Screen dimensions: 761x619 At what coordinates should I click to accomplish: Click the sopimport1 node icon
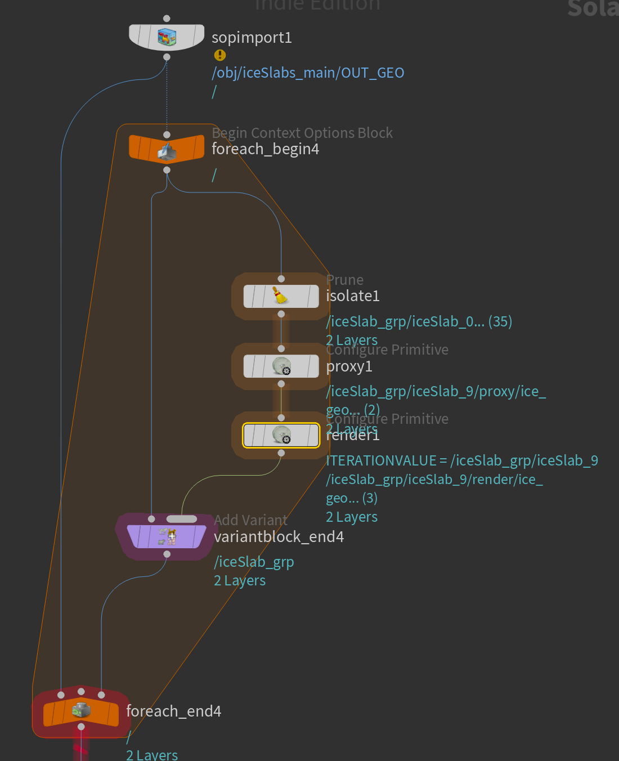(167, 37)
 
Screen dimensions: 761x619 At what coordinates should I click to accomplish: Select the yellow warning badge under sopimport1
(219, 55)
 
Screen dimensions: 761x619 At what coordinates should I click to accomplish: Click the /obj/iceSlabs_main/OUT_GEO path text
(308, 73)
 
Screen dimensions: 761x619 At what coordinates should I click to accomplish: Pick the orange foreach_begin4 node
(167, 149)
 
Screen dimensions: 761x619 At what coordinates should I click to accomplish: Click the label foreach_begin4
(265, 149)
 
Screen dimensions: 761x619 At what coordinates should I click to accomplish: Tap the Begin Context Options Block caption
(302, 133)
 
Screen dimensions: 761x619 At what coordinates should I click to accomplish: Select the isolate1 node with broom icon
(281, 296)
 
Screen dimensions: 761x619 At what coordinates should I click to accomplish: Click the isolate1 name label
(353, 296)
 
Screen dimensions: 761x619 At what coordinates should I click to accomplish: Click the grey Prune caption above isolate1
(345, 280)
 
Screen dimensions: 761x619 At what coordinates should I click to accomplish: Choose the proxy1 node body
(281, 366)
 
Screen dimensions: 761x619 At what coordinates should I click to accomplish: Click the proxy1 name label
(349, 366)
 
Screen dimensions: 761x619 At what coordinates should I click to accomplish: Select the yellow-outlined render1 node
(281, 435)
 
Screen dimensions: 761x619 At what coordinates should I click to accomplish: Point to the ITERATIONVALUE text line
(461, 461)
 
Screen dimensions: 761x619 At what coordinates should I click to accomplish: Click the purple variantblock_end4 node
(167, 536)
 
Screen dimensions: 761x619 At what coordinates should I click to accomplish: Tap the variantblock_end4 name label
(279, 537)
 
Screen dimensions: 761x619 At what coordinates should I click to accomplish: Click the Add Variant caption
(250, 520)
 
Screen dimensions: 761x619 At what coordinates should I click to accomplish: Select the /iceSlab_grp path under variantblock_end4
(254, 562)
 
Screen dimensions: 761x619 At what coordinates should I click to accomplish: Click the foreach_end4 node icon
(81, 710)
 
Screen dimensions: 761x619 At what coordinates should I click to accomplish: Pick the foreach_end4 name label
(173, 711)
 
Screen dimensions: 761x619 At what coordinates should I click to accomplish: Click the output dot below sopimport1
(167, 57)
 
